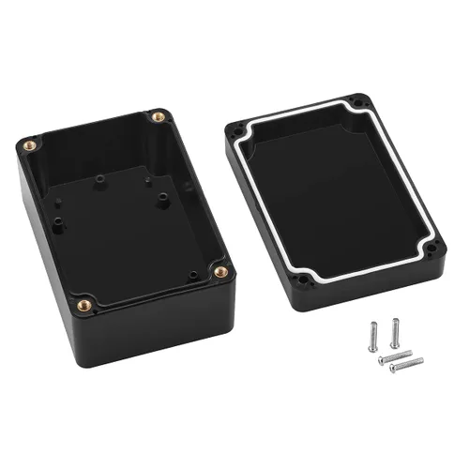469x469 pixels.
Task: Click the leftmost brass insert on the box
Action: (29, 145)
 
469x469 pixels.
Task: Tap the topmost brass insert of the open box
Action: (158, 118)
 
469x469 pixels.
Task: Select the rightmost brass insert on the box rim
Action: (221, 272)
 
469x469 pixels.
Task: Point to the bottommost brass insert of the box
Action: (83, 304)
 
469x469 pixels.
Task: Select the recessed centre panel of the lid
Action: (338, 192)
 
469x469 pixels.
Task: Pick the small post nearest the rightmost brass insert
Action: (191, 274)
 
